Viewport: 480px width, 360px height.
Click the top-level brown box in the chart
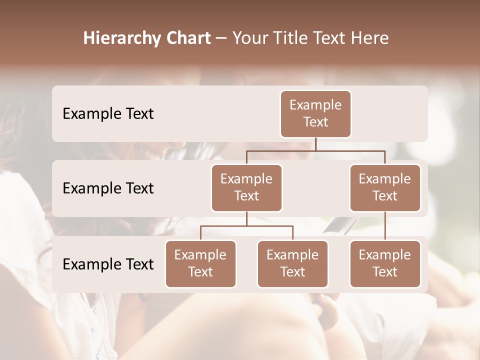pos(315,113)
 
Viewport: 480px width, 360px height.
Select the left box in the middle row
pos(246,187)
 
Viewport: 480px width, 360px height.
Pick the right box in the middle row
pos(385,187)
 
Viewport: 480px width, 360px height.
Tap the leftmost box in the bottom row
pos(200,263)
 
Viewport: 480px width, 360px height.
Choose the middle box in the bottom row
pos(292,263)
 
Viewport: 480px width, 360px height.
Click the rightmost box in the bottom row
pos(385,263)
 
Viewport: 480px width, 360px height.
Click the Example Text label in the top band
pos(108,113)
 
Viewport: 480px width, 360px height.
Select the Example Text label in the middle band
pos(108,188)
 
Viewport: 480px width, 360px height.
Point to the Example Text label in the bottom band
pos(108,264)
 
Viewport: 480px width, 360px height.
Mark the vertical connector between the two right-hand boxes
pos(385,226)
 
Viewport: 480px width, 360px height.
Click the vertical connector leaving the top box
pos(315,144)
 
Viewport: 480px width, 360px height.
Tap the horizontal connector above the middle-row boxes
pos(315,150)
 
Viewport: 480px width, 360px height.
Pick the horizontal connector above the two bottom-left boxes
pos(246,226)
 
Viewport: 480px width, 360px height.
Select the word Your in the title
pos(249,38)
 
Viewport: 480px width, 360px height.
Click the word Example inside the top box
pos(315,105)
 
